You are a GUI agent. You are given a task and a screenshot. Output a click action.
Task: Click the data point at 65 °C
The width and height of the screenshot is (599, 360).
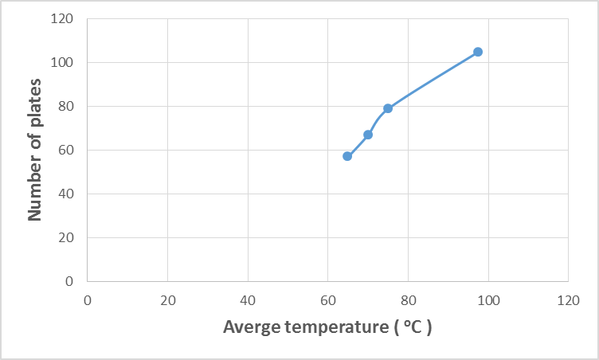(347, 156)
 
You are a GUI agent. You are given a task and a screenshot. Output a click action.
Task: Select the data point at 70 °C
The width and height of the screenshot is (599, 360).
(368, 135)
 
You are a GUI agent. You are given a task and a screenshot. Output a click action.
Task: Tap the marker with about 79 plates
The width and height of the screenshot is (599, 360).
(388, 108)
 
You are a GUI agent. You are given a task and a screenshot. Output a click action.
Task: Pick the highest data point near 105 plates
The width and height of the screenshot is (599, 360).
(478, 52)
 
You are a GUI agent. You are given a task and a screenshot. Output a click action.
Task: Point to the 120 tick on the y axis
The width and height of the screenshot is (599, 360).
(67, 19)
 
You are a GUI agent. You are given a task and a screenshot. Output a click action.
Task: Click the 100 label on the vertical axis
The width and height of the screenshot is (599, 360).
(67, 63)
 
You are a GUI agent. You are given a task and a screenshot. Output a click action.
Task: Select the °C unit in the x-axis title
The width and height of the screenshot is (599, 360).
(413, 327)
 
